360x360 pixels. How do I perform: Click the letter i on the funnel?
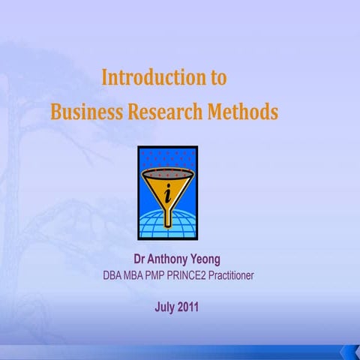[177, 193]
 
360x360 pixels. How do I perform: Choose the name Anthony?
[169, 260]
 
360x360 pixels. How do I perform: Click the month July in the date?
[165, 307]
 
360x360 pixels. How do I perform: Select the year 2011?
[190, 307]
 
